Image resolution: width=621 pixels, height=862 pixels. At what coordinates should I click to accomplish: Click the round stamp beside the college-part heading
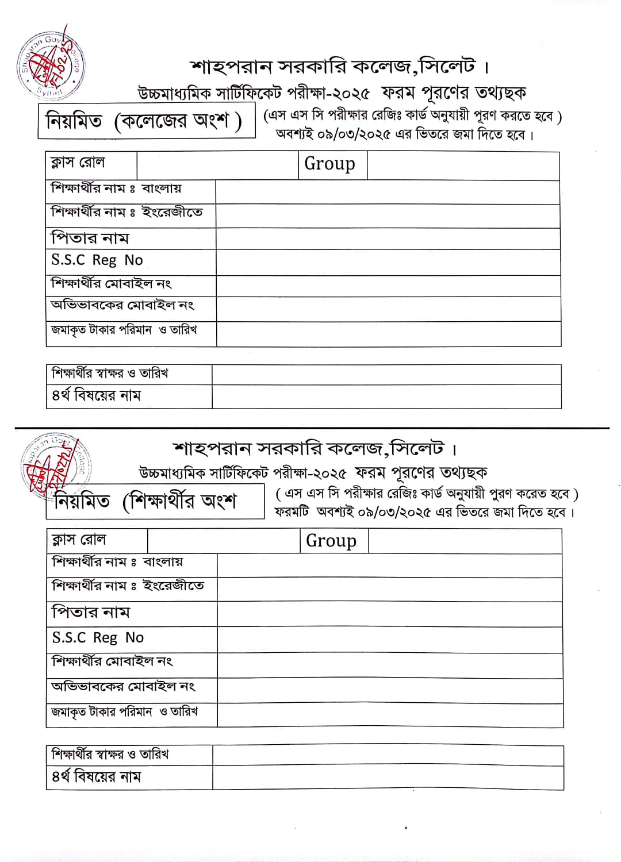51,65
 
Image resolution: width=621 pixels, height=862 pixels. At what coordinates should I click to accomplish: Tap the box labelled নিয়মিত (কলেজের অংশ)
146,121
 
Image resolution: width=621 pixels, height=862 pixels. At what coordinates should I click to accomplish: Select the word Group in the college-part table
329,164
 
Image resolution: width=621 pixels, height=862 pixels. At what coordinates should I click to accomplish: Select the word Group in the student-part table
331,541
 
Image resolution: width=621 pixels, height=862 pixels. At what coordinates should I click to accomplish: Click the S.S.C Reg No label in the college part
97,260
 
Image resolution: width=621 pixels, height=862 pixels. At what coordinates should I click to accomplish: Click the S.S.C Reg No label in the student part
98,638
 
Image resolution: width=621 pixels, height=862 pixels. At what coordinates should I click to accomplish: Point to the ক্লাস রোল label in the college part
78,163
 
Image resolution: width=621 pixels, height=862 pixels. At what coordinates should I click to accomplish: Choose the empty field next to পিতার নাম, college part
388,238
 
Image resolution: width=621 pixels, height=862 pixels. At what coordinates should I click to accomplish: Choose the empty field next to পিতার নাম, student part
390,614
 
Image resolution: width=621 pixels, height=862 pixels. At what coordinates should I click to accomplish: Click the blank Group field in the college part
463,166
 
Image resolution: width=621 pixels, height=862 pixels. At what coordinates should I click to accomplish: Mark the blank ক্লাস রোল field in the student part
223,541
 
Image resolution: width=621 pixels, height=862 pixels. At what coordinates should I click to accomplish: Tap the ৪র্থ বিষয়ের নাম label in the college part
97,395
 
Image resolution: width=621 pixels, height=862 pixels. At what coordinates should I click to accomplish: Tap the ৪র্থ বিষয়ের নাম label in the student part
97,777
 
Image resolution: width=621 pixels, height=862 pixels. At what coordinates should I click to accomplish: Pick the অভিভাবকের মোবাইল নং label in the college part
122,305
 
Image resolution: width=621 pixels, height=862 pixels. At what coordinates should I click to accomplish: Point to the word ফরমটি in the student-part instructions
292,512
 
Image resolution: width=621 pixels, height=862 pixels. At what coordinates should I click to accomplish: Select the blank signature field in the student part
388,755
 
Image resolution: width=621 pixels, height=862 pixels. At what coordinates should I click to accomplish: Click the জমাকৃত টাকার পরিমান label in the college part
102,330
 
